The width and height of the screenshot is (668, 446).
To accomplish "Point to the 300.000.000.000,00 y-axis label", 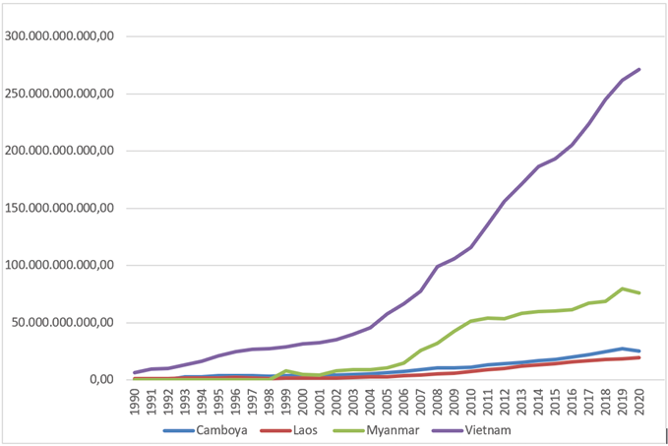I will click(x=62, y=36).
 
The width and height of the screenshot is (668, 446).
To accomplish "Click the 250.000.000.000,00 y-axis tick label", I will click(x=62, y=94).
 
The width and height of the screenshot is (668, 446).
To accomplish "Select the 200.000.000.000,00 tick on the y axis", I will click(x=62, y=151).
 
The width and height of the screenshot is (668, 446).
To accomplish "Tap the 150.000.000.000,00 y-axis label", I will click(x=62, y=208).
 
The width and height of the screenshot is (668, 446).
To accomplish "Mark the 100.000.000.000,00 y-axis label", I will click(x=62, y=265).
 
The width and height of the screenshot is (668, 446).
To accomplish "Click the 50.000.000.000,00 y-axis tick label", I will click(x=65, y=322).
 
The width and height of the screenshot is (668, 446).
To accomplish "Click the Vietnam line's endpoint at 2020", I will click(x=638, y=69).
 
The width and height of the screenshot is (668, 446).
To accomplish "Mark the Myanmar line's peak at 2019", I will click(x=622, y=288).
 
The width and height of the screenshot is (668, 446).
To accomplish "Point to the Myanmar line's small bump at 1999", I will click(x=286, y=371).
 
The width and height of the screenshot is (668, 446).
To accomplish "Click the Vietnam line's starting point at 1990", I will click(x=135, y=372).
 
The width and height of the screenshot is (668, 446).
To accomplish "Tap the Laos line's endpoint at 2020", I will click(x=638, y=357).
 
